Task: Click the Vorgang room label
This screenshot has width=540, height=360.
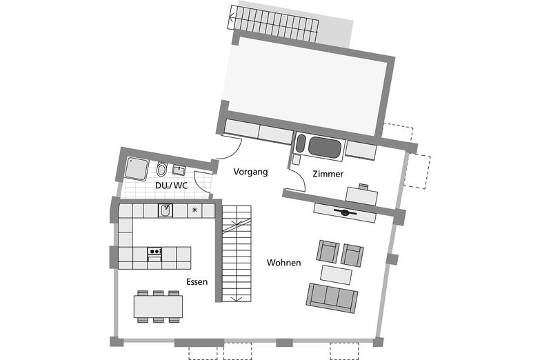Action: click(250, 172)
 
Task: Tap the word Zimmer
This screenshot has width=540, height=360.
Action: click(328, 174)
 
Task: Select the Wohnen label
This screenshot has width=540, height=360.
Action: click(283, 263)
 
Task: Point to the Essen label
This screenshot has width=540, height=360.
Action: click(197, 282)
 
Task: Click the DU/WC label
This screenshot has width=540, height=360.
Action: click(171, 186)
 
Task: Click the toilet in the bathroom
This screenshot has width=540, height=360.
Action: click(161, 169)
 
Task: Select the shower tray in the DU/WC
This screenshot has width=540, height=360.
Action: click(137, 168)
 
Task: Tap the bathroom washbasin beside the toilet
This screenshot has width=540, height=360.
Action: click(179, 170)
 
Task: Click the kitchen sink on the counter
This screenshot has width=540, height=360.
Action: click(166, 210)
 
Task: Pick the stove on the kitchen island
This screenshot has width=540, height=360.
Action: click(154, 254)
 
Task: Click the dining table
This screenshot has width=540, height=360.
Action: click(159, 306)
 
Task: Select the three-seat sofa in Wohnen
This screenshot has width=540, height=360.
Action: click(332, 298)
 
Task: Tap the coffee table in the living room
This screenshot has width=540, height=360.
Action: click(337, 274)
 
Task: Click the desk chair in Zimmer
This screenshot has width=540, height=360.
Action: click(363, 187)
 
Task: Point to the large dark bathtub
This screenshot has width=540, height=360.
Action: click(325, 147)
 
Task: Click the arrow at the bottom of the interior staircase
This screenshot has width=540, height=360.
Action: click(236, 299)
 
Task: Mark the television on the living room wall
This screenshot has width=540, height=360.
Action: click(345, 212)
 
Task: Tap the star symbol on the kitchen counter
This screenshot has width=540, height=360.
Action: click(194, 210)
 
